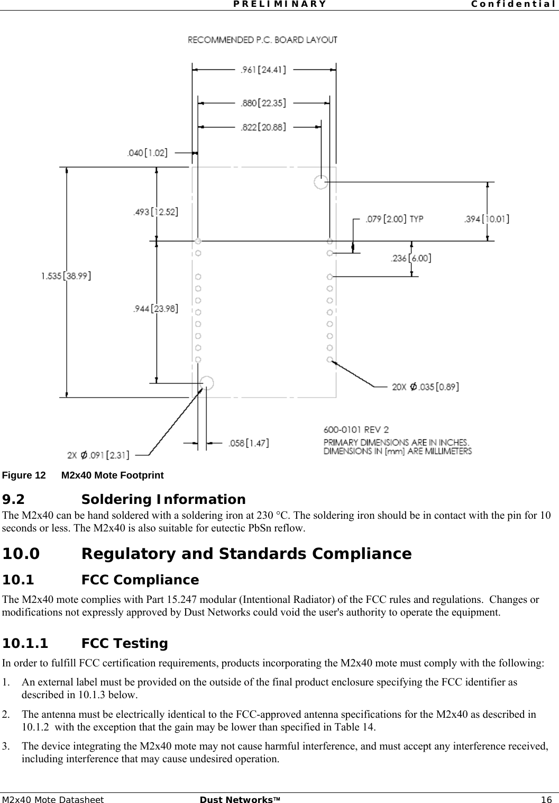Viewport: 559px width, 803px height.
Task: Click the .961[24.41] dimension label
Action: point(263,69)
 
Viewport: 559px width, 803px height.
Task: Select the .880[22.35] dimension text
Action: point(263,103)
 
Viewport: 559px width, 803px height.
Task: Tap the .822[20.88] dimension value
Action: point(263,127)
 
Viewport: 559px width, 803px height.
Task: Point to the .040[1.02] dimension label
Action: point(147,154)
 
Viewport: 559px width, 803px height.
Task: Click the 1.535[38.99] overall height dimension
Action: point(66,276)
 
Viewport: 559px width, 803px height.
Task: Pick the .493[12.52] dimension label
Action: point(155,212)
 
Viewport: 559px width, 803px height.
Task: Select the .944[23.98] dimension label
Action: point(155,309)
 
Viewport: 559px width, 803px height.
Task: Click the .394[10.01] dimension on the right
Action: point(487,219)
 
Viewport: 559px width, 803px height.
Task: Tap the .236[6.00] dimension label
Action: point(410,258)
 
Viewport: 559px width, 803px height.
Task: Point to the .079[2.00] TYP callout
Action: point(392,219)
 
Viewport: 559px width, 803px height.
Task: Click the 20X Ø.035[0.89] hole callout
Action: point(425,387)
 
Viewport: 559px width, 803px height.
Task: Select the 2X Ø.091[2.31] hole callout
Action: point(98,455)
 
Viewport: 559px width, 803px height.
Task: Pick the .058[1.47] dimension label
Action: point(248,443)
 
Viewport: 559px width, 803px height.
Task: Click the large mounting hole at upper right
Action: point(320,182)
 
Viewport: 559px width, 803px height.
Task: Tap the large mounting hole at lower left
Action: point(207,383)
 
